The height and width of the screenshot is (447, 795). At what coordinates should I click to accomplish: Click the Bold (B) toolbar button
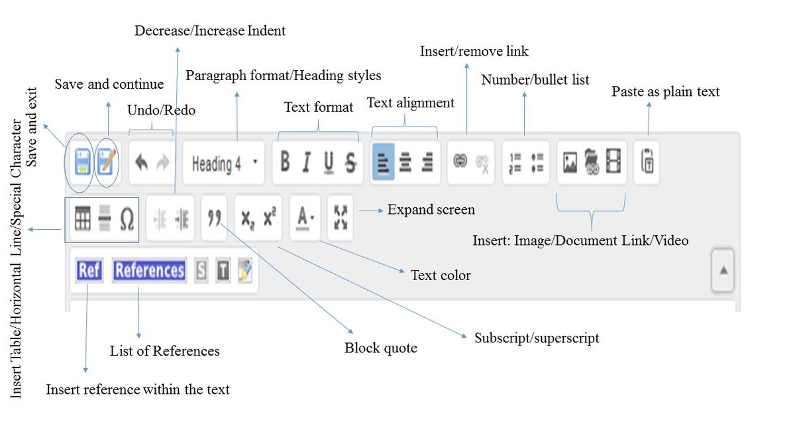pos(285,162)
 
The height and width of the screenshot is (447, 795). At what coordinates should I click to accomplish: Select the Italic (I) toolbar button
pos(306,162)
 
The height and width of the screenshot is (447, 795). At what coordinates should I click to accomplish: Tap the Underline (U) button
pos(329,162)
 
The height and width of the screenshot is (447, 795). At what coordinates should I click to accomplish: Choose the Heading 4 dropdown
pos(223,164)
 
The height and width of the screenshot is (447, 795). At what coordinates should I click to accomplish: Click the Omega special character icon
pos(127,220)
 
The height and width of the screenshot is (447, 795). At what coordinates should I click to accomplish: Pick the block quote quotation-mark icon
pos(213,219)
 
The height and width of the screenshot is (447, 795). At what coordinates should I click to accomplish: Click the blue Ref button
pos(89,271)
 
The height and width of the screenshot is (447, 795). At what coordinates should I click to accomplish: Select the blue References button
pos(149,271)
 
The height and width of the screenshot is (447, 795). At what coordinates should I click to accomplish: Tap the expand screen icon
pos(341,217)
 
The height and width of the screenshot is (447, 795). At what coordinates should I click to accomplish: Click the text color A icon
pos(304,217)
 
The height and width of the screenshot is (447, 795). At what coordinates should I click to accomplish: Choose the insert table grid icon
pos(83,219)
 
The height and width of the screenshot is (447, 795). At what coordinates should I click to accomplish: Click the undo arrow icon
pos(141,163)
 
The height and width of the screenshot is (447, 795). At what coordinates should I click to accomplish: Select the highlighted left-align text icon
pos(384,162)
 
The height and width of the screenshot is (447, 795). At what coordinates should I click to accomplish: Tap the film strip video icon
pos(614,162)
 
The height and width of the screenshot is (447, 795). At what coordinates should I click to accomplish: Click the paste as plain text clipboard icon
pos(647,162)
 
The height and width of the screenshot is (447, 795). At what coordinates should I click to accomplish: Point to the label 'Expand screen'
pos(431,210)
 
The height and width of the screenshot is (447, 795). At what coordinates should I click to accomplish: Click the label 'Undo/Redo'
pos(161,111)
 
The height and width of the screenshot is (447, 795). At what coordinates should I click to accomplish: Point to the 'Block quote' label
pos(380,348)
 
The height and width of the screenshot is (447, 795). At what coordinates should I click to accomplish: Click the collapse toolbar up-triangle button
pos(723,270)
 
